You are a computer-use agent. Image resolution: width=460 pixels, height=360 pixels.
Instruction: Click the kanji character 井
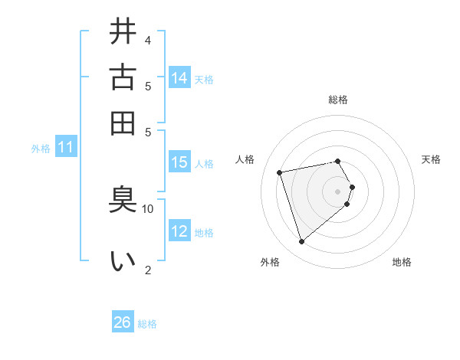point(123,32)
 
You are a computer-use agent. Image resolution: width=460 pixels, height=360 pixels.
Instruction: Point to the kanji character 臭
point(123,200)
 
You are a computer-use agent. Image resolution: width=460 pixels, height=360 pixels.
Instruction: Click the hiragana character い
point(123,261)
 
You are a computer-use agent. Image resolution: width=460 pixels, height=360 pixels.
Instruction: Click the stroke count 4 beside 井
point(148,40)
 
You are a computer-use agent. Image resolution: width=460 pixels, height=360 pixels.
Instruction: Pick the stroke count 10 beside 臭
point(148,208)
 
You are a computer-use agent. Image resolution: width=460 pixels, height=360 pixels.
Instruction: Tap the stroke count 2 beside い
point(148,269)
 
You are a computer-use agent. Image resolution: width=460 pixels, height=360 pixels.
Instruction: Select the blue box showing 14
point(179,77)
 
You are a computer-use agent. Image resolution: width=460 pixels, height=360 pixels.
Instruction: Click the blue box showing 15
point(179,162)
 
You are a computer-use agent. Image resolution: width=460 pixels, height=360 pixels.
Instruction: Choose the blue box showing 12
point(179,231)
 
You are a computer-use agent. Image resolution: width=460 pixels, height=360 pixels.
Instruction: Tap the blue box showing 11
point(65,147)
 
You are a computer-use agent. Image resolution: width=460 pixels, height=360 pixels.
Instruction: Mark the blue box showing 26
point(123,322)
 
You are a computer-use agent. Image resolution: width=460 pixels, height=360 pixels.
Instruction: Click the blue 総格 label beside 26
point(147,324)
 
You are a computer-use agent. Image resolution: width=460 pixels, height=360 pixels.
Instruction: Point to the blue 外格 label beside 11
point(40,149)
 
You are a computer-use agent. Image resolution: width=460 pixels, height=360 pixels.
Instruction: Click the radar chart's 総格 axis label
point(338,100)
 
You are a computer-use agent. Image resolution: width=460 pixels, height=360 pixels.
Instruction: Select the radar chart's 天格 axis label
point(431,159)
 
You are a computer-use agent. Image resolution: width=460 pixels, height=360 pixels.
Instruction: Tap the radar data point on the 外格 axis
point(301,241)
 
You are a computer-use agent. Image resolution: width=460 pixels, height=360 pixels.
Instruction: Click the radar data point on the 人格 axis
point(280,172)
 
